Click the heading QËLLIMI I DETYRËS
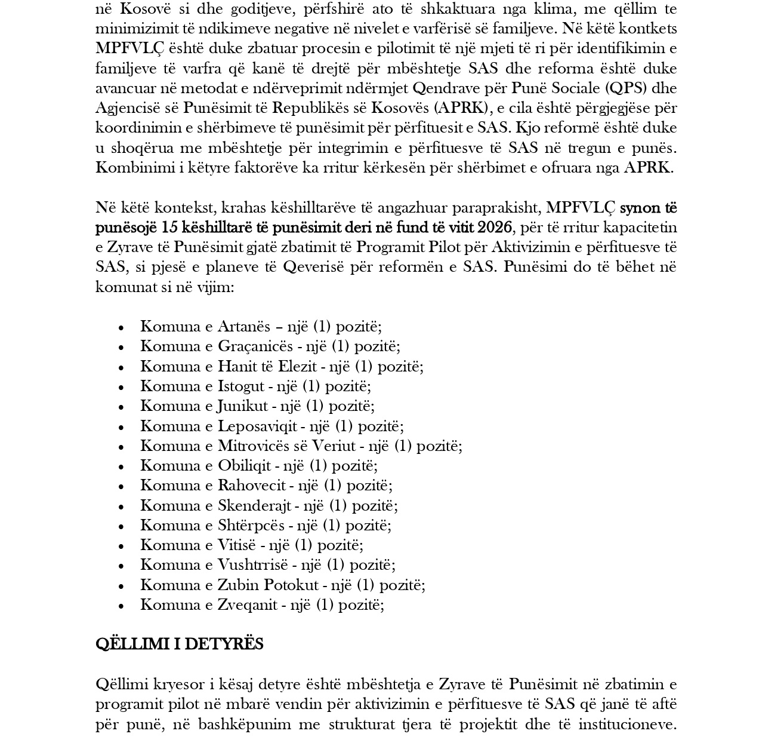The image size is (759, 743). coord(179,644)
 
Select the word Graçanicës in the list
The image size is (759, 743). coord(255,346)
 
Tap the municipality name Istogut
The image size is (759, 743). coord(238,386)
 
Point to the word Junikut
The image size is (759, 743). coord(242,406)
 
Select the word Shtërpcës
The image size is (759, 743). coord(251,526)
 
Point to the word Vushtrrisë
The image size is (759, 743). coord(253,565)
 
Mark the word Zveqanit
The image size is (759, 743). coord(247,605)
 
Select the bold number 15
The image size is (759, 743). coord(169,228)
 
